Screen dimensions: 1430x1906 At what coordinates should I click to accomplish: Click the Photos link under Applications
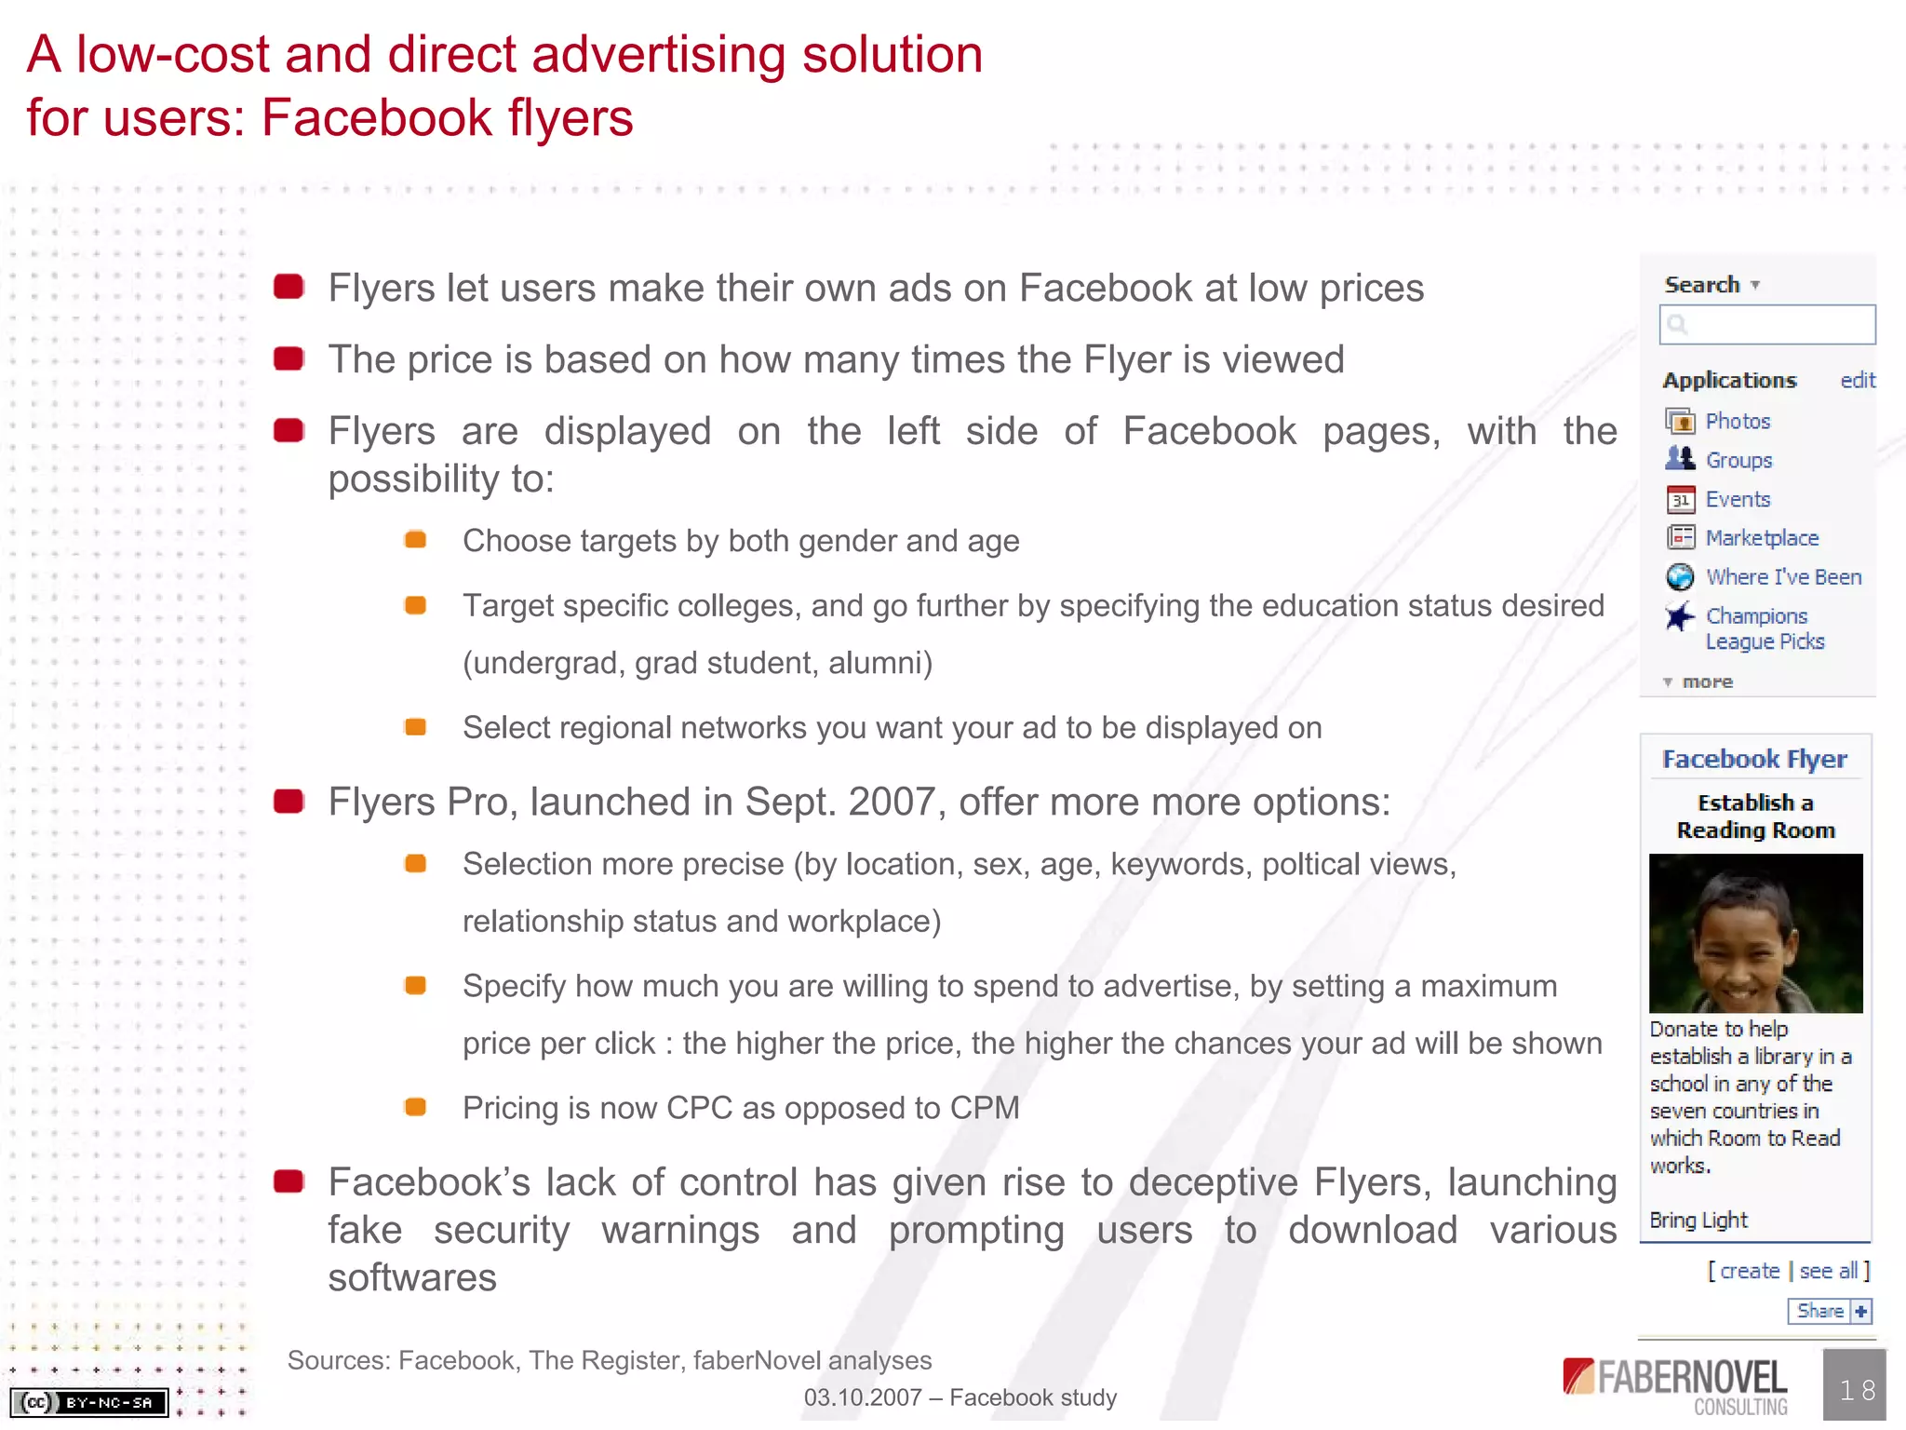pyautogui.click(x=1737, y=422)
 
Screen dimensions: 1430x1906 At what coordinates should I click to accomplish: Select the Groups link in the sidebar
pyautogui.click(x=1738, y=461)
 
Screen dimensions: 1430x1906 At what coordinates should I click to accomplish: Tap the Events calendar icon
pyautogui.click(x=1680, y=500)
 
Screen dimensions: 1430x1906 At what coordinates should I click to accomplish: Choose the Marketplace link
pyautogui.click(x=1761, y=538)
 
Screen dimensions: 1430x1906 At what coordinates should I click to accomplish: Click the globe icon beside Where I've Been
pyautogui.click(x=1680, y=577)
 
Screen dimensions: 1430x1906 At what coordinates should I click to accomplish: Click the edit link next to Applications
pyautogui.click(x=1858, y=381)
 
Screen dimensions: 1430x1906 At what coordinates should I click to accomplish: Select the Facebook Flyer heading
pyautogui.click(x=1754, y=760)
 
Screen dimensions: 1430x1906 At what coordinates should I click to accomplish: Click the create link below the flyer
pyautogui.click(x=1749, y=1272)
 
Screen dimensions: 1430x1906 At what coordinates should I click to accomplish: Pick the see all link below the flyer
pyautogui.click(x=1828, y=1272)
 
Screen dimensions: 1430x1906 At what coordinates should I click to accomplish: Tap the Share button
pyautogui.click(x=1828, y=1312)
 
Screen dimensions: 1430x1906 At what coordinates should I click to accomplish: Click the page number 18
pyautogui.click(x=1857, y=1390)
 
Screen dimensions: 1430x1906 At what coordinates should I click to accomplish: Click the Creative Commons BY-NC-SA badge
pyautogui.click(x=89, y=1402)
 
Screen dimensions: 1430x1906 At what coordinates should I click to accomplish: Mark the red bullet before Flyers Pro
pyautogui.click(x=289, y=802)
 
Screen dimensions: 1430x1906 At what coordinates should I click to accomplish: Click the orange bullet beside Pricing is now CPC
pyautogui.click(x=415, y=1108)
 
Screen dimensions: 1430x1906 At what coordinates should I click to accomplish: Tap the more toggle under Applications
pyautogui.click(x=1705, y=682)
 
